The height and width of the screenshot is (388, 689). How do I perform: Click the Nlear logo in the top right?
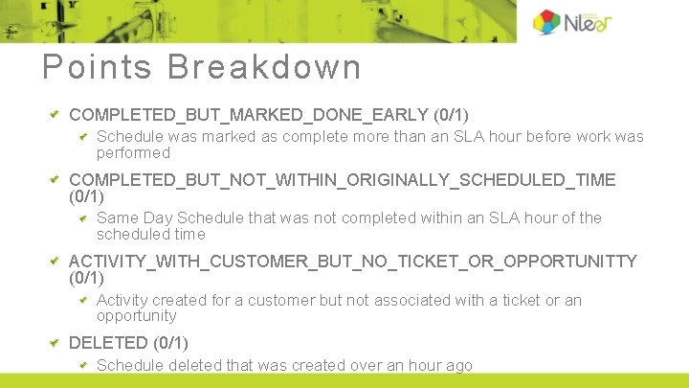pos(572,21)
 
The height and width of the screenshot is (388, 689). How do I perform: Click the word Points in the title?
pos(97,67)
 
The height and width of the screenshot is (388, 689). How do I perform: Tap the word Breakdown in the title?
pos(264,67)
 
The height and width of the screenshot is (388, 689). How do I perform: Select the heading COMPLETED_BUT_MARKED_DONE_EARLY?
pos(249,115)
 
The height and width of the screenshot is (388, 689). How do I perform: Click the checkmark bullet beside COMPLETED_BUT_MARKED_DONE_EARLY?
pos(55,115)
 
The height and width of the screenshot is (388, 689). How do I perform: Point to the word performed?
pos(133,153)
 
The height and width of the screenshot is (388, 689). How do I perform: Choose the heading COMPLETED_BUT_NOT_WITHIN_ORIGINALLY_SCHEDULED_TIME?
pos(343,180)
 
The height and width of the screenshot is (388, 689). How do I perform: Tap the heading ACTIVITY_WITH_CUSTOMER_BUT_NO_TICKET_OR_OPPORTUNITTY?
pos(352,262)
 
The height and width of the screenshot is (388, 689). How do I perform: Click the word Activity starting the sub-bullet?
pos(122,301)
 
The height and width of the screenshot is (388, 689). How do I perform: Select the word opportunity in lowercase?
pos(137,316)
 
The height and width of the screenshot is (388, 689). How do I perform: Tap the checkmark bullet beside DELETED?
pos(55,343)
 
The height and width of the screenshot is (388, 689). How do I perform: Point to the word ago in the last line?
pos(458,365)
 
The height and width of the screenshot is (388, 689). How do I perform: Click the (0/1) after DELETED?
pos(170,343)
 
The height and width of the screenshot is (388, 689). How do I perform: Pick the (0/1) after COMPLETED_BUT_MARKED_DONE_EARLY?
pos(451,115)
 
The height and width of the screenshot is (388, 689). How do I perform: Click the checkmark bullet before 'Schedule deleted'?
pos(83,365)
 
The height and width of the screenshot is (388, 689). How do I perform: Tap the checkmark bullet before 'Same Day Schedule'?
pos(83,218)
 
